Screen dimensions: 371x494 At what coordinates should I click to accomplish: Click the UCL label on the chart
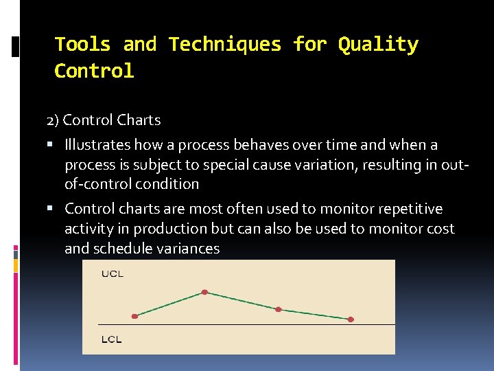pyautogui.click(x=113, y=274)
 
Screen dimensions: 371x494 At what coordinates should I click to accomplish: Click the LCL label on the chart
pyautogui.click(x=112, y=339)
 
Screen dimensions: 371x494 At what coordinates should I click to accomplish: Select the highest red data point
pyautogui.click(x=204, y=292)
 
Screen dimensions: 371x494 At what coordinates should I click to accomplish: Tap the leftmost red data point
pyautogui.click(x=134, y=316)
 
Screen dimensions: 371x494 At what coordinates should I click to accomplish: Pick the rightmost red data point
pyautogui.click(x=351, y=319)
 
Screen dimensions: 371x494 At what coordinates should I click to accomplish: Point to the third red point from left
pyautogui.click(x=278, y=309)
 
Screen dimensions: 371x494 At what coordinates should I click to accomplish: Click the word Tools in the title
pyautogui.click(x=82, y=45)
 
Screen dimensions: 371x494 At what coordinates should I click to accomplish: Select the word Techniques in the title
pyautogui.click(x=225, y=45)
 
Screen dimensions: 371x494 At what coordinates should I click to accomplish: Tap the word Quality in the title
pyautogui.click(x=378, y=45)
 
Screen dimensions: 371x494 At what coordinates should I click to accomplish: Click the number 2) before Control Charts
pyautogui.click(x=53, y=120)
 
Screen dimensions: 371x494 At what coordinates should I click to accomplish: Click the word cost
pyautogui.click(x=440, y=229)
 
